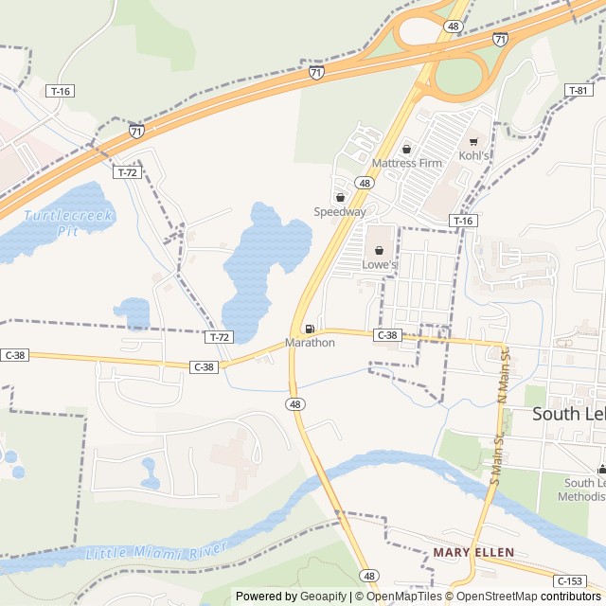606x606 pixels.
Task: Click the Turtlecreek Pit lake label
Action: pos(68,223)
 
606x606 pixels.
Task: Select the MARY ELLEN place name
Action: pos(473,552)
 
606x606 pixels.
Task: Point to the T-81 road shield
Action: pos(579,90)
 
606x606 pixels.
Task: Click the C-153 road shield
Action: pos(570,580)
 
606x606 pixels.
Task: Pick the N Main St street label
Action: pos(504,374)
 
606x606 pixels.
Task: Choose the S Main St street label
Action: pos(494,459)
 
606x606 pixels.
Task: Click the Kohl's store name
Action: pos(474,155)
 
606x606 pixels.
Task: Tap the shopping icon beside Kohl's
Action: pos(473,142)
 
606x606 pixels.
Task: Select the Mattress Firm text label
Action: pos(406,163)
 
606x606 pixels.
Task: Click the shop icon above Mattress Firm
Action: pos(406,149)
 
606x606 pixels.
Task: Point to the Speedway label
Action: pos(340,212)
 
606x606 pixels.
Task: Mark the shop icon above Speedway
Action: pos(340,198)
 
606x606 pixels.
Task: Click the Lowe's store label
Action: pos(379,264)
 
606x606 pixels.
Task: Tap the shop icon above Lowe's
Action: pos(379,251)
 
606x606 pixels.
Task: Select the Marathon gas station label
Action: pos(310,343)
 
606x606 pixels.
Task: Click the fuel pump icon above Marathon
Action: pos(310,329)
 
